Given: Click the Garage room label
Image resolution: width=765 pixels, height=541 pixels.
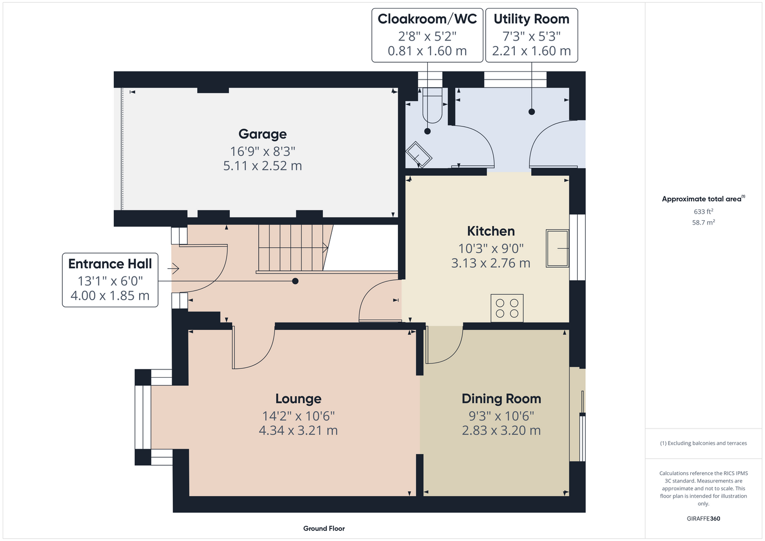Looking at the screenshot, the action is point(262,134).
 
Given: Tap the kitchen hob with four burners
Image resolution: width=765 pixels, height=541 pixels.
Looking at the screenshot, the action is point(507,308).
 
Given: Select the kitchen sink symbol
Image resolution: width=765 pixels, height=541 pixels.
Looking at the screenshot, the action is point(557,248).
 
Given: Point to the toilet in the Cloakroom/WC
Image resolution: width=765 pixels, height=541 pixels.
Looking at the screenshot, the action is point(433,105).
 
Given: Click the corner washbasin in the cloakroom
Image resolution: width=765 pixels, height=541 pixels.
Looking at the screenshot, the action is point(419,155).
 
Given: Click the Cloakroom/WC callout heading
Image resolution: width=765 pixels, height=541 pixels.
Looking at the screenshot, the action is point(427,19).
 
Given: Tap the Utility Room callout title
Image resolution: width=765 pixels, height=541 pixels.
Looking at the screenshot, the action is point(532,19).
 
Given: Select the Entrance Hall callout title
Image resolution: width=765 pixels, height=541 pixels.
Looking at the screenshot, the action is point(110,264).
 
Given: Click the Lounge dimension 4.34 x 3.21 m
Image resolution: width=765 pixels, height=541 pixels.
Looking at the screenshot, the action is point(298,431).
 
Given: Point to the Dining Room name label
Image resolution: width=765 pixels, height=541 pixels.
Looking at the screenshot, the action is point(501,399).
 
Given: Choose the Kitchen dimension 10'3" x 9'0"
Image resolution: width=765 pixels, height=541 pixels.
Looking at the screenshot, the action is point(491,248).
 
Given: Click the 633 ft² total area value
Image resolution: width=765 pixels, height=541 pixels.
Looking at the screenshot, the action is point(703,212).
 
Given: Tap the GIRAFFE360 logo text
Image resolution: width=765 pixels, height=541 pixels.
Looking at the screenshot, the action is point(703,518).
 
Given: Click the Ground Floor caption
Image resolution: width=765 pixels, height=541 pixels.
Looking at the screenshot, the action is point(324,529).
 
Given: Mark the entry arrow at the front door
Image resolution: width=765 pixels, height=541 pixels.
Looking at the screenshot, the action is point(173,269).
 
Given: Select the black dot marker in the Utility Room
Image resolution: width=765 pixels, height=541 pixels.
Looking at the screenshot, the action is point(532,111).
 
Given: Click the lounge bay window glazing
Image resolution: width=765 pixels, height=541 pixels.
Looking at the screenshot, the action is point(143,417).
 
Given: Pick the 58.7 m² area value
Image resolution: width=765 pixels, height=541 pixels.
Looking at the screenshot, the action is point(703,222).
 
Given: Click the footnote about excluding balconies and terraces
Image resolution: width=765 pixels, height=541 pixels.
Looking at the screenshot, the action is point(703,443).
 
